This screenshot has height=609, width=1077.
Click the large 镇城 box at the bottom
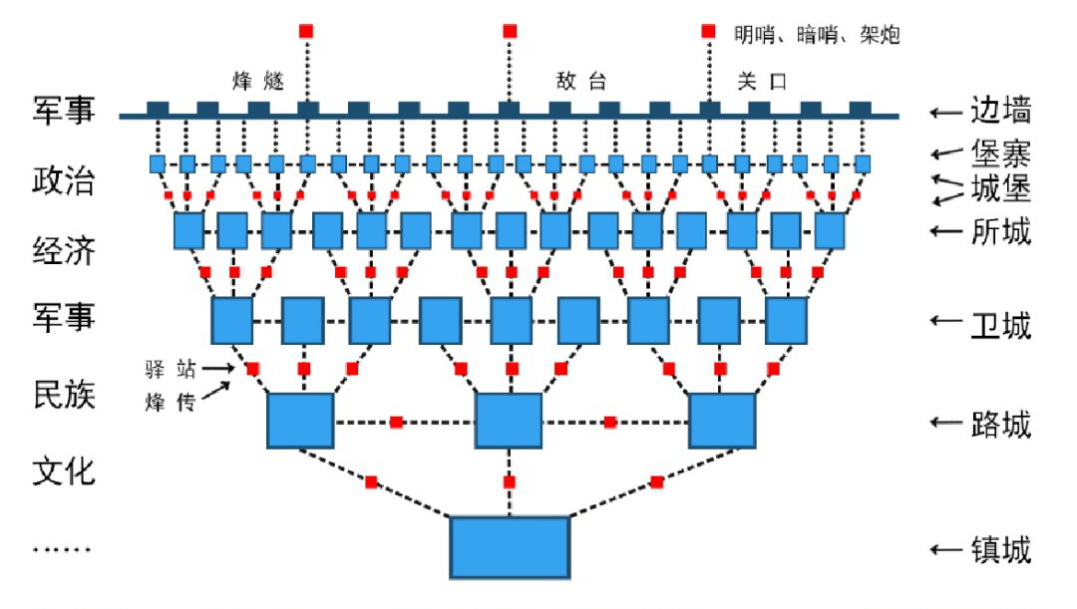pos(510,547)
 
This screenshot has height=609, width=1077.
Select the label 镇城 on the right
pos(1000,549)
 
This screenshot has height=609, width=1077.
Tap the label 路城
pos(1000,425)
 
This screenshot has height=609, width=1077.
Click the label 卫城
pos(1000,325)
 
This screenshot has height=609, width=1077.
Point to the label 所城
pos(1000,231)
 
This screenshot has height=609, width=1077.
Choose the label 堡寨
pos(1000,152)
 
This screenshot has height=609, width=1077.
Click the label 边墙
pos(1000,111)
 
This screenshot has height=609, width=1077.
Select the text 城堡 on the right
pos(1000,187)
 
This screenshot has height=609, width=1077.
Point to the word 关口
pos(763,81)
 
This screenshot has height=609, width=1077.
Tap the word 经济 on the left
pos(63,251)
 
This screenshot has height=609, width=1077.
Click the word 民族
pos(63,395)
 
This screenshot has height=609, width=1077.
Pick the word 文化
pos(63,468)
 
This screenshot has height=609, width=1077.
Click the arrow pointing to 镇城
pos(943,549)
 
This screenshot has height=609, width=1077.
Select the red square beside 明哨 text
pos(708,31)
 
